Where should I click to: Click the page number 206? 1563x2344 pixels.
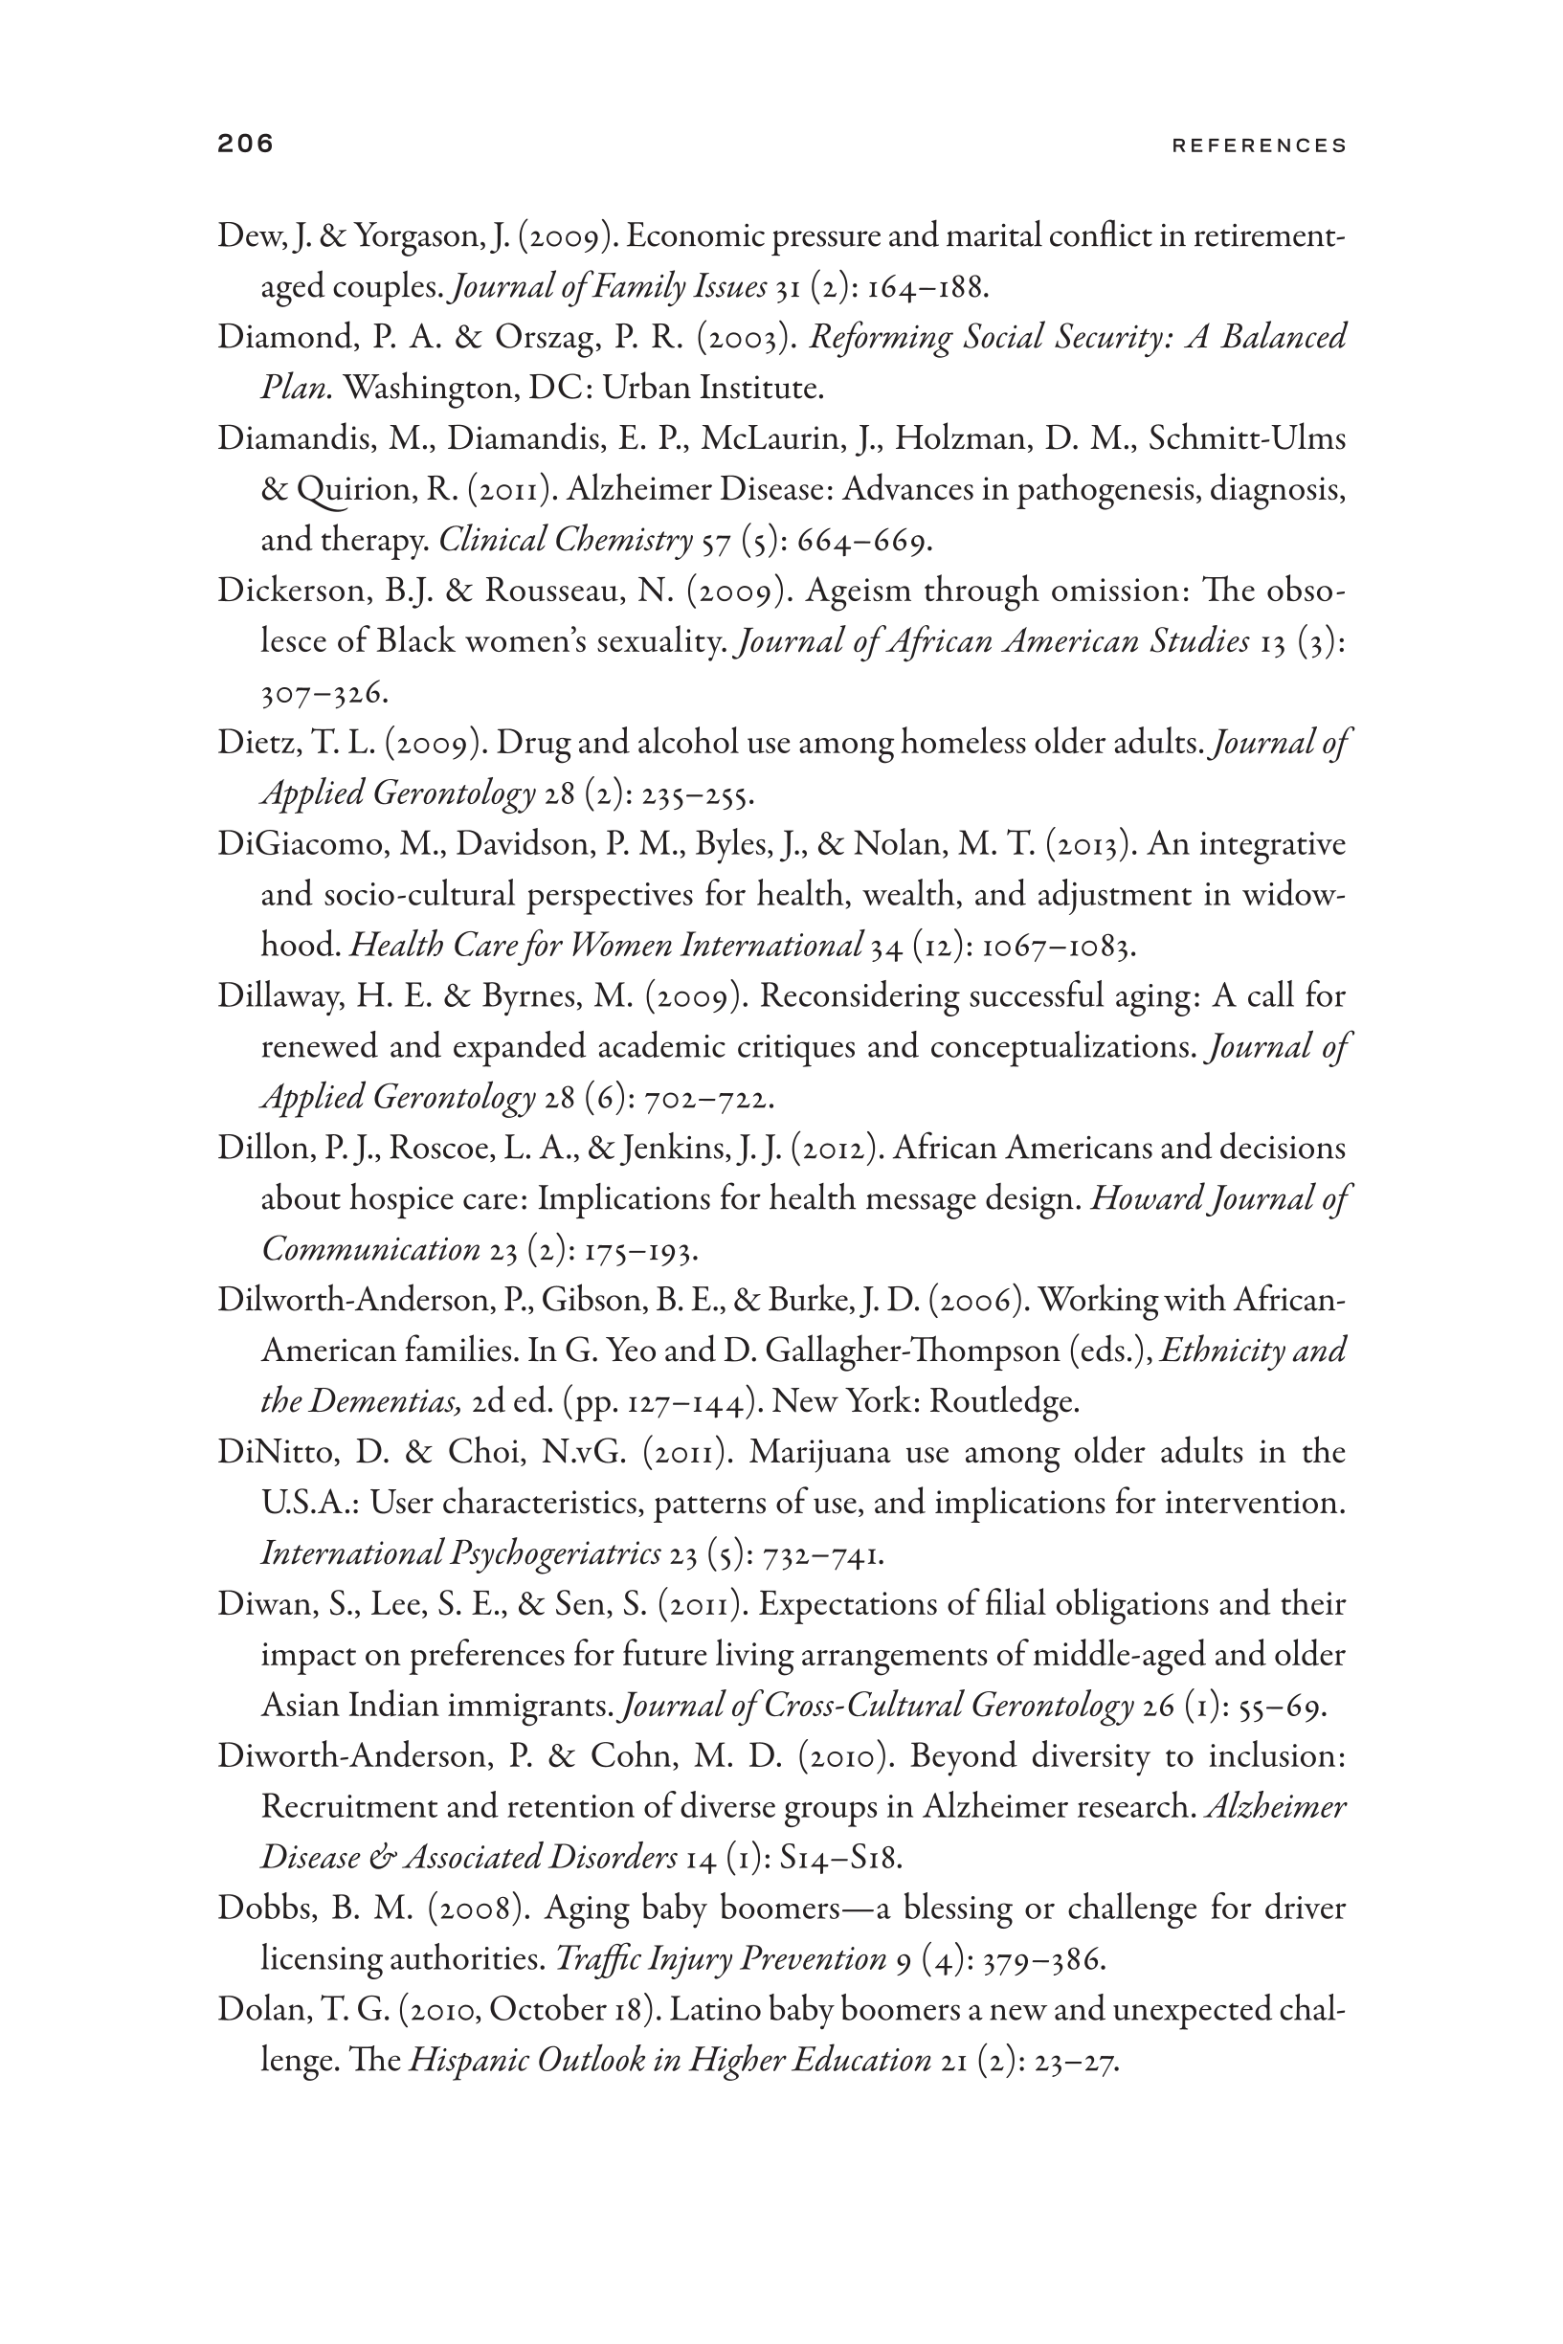(245, 144)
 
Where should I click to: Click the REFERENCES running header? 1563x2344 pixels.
(1259, 145)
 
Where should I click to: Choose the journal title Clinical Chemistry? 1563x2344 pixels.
(566, 540)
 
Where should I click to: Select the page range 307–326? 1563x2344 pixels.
(323, 692)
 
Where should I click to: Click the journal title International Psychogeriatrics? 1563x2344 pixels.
(460, 1552)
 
